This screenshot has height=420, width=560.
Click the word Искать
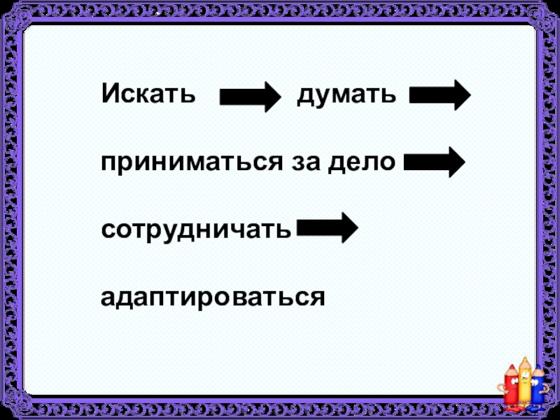tap(148, 94)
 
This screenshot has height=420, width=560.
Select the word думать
tap(346, 94)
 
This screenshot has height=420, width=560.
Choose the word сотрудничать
tap(196, 229)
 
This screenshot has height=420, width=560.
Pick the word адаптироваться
tap(213, 296)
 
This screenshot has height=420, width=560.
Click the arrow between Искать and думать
tap(249, 96)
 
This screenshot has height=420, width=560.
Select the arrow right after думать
tap(440, 95)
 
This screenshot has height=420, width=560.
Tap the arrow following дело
tap(434, 162)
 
